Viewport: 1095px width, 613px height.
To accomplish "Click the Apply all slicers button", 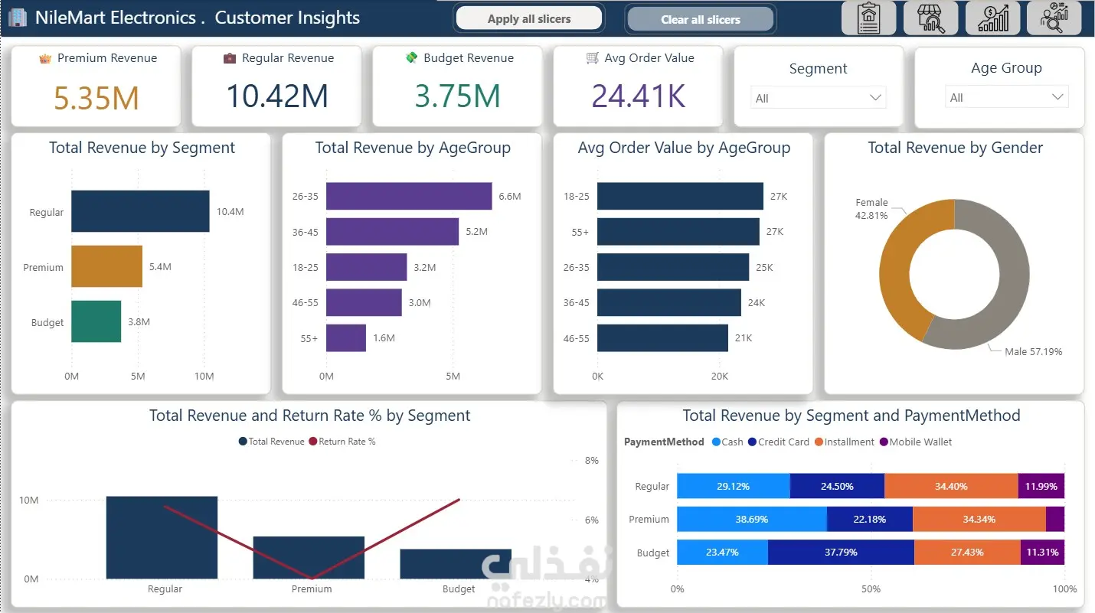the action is [x=529, y=18].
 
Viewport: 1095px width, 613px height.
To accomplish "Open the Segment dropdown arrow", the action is [x=875, y=98].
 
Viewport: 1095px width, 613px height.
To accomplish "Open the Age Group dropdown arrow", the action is [x=1057, y=96].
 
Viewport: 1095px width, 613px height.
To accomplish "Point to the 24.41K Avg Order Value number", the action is [x=639, y=96].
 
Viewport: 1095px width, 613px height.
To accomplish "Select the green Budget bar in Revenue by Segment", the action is [x=96, y=321].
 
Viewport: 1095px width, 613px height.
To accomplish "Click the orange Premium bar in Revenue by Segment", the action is [x=107, y=266].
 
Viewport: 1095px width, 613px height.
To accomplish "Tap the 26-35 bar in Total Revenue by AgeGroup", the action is [x=409, y=196].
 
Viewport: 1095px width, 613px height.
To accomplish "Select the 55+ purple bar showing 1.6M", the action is [x=346, y=338].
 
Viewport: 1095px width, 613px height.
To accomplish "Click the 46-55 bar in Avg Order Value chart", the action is [x=662, y=338].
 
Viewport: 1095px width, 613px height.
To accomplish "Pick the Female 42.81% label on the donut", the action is [x=871, y=209].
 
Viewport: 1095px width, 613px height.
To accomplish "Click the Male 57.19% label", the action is [x=1034, y=352].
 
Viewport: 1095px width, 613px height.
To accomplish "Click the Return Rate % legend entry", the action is [x=342, y=442].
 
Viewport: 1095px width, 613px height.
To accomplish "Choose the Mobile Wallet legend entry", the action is [x=916, y=442].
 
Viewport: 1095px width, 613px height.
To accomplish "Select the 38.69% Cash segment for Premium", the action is [x=752, y=519].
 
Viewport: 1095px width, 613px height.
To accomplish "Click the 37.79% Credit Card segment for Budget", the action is [x=841, y=553].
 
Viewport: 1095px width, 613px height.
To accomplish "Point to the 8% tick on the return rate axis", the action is [x=591, y=461].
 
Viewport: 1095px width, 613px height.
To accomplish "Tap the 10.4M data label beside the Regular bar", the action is [x=230, y=211].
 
